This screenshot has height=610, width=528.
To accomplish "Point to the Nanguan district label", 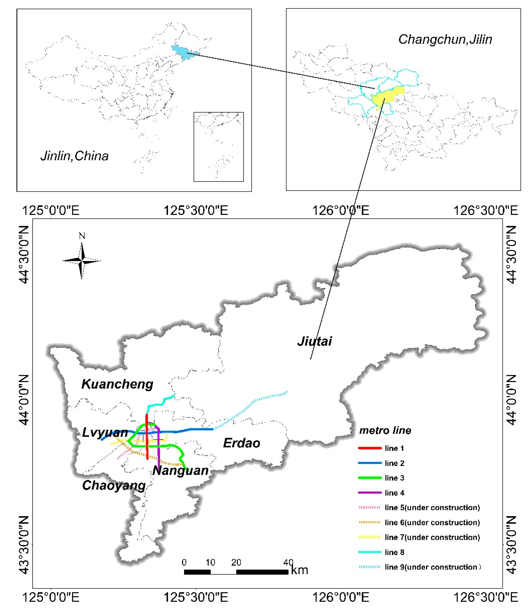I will pos(180,471).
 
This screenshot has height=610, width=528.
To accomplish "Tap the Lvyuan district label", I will pos(105,433).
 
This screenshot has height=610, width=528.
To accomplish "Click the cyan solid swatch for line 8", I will pos(370,552).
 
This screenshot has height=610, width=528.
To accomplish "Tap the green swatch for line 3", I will pos(370,478).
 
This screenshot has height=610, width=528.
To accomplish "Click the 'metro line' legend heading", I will pos(385,431).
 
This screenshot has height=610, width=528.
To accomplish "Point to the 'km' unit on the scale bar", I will pos(299,570).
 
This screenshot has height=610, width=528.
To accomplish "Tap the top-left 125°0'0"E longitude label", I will pos(51,210).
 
